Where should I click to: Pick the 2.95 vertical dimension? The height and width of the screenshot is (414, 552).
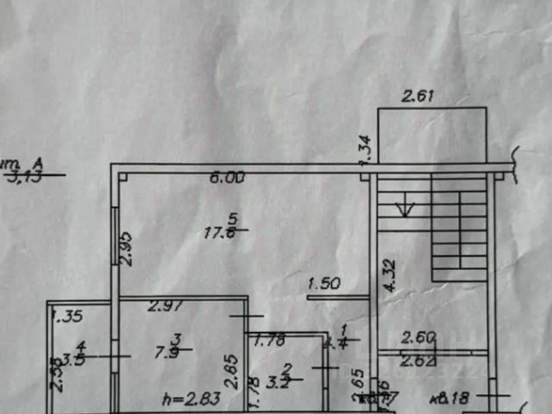click(x=124, y=247)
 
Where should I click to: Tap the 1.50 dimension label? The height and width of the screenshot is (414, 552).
click(x=325, y=283)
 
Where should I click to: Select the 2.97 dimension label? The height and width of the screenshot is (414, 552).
click(x=163, y=304)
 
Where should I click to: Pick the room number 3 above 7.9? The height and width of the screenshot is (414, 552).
click(x=175, y=339)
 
